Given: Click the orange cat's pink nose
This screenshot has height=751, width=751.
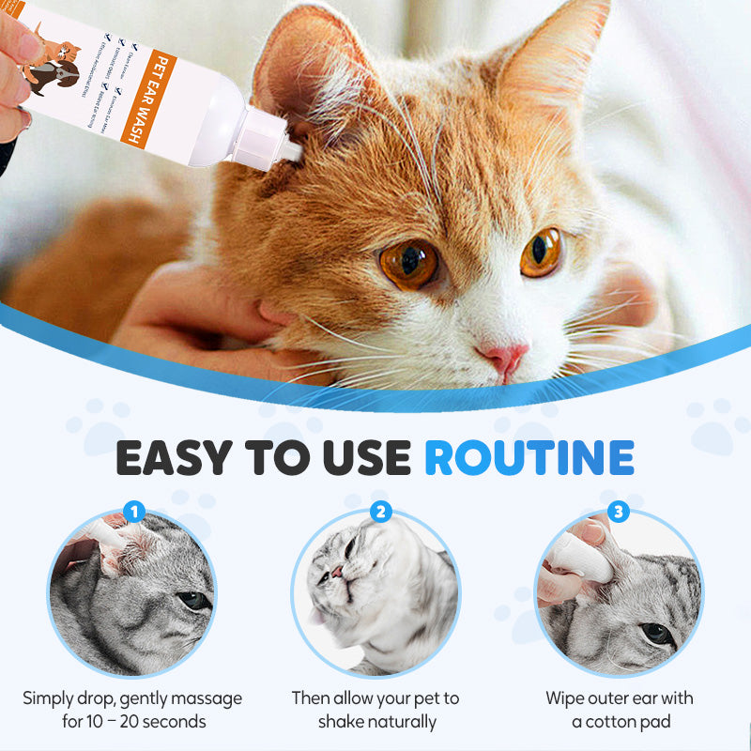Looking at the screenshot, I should [x=504, y=358].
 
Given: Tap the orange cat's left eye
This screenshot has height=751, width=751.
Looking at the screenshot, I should [x=408, y=264].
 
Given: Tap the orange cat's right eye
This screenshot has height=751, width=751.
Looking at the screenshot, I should [x=542, y=252].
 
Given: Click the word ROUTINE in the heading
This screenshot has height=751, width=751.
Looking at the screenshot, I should [x=529, y=456].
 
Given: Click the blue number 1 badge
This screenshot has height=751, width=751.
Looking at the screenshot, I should [x=134, y=512].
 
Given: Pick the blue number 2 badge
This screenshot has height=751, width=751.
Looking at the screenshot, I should [x=380, y=512].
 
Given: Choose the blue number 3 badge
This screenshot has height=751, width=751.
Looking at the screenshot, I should [x=618, y=512].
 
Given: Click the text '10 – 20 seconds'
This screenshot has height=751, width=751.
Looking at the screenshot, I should [x=133, y=722].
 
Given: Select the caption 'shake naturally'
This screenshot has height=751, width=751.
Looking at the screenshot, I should [x=376, y=722].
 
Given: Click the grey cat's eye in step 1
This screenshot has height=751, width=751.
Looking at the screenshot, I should [x=193, y=600].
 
